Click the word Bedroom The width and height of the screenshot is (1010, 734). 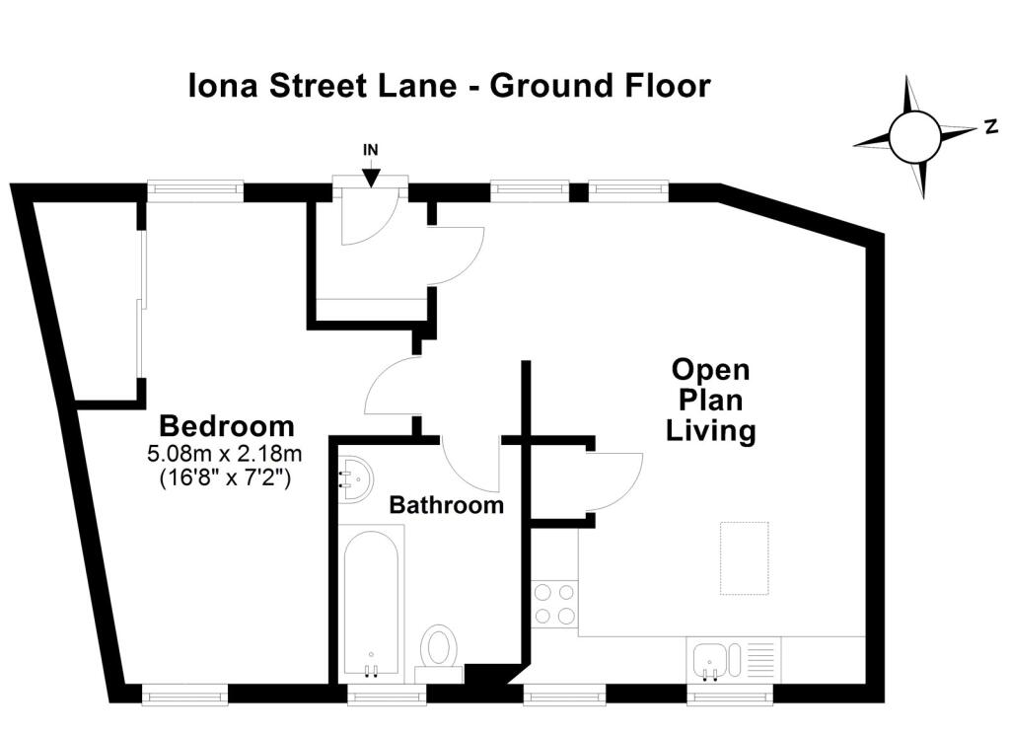point(227,426)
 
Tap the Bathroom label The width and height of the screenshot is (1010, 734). point(447,504)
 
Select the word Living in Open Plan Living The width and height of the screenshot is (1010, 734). point(710,430)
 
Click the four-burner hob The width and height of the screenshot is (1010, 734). point(554,605)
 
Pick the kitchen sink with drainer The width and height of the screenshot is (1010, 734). point(734,661)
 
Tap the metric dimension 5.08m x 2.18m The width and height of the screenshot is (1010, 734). point(225,454)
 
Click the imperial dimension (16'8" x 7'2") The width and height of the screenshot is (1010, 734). point(225,477)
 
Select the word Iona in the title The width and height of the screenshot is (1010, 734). point(224,86)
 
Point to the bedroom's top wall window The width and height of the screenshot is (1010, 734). point(195,189)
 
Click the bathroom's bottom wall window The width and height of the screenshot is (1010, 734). point(387,696)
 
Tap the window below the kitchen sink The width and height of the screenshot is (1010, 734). point(730,696)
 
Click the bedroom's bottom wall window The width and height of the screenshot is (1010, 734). point(184,696)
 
